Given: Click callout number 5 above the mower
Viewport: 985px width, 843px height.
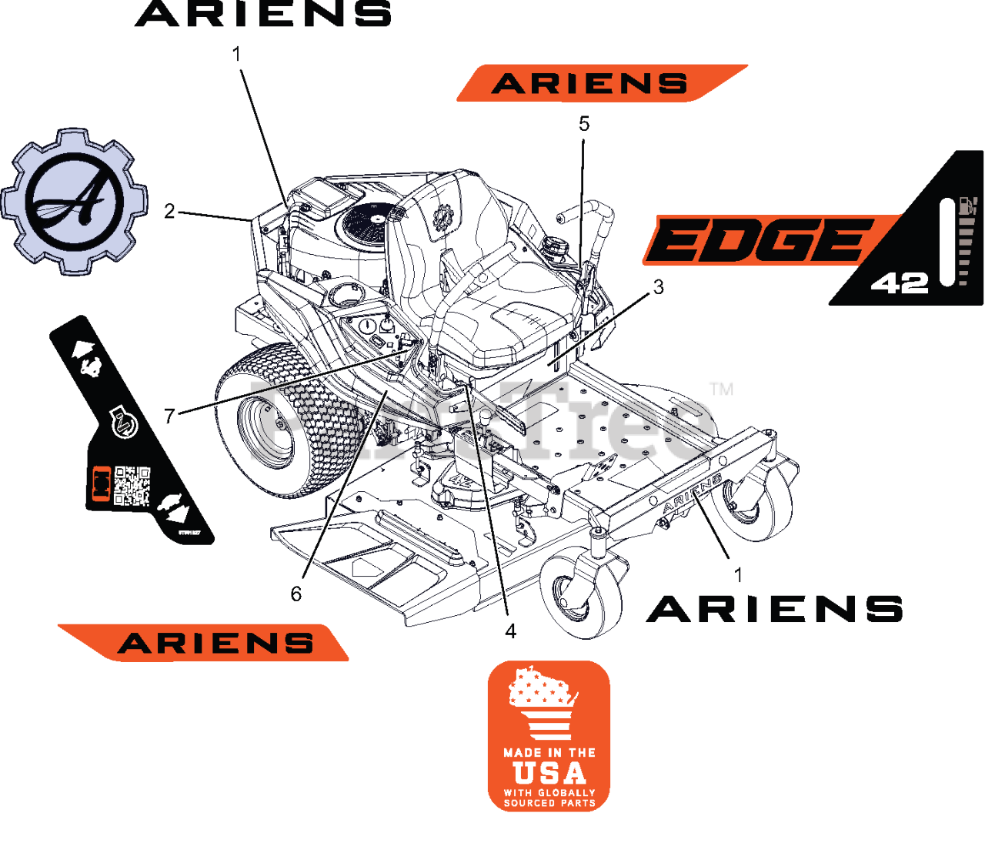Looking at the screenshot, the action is [x=584, y=124].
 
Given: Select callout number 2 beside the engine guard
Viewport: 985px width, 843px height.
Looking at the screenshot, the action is [x=169, y=211].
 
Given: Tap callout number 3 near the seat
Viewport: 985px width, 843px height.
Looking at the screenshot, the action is [x=658, y=287].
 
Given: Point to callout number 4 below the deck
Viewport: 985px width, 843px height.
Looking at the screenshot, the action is [x=510, y=631].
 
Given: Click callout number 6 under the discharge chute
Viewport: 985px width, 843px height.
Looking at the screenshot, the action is [x=296, y=594].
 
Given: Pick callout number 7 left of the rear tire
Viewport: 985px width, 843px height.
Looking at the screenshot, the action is [x=170, y=416].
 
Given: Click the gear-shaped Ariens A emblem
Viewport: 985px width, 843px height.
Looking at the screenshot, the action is [x=75, y=202].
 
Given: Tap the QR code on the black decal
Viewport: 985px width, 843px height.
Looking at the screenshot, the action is [x=132, y=486].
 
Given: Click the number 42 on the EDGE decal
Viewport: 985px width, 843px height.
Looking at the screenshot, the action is [x=900, y=283].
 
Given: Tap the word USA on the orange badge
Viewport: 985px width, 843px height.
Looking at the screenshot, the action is [x=549, y=772].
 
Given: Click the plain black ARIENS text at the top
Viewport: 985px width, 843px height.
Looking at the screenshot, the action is [x=263, y=14].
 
